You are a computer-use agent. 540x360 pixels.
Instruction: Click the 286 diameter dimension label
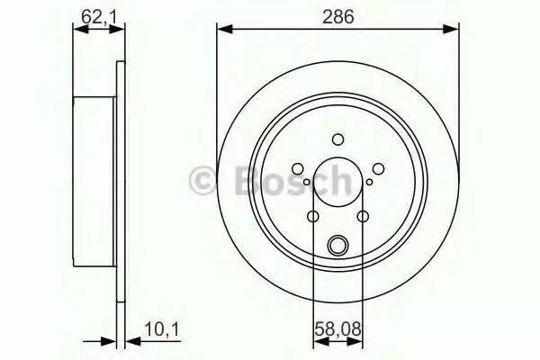[x=337, y=17]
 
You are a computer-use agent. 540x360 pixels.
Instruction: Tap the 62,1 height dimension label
[x=99, y=17]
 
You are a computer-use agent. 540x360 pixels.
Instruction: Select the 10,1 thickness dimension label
[x=162, y=329]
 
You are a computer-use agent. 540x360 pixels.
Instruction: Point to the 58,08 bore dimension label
[x=337, y=329]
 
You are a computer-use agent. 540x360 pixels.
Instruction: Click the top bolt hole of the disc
[x=337, y=139]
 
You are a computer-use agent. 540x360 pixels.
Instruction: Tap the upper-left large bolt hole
[x=298, y=169]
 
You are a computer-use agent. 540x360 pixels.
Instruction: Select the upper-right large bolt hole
[x=378, y=169]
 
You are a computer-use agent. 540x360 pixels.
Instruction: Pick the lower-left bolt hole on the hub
[x=312, y=217]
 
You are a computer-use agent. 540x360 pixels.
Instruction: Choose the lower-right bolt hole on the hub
[x=363, y=217]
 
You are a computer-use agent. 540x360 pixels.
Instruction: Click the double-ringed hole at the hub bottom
[x=337, y=245]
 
